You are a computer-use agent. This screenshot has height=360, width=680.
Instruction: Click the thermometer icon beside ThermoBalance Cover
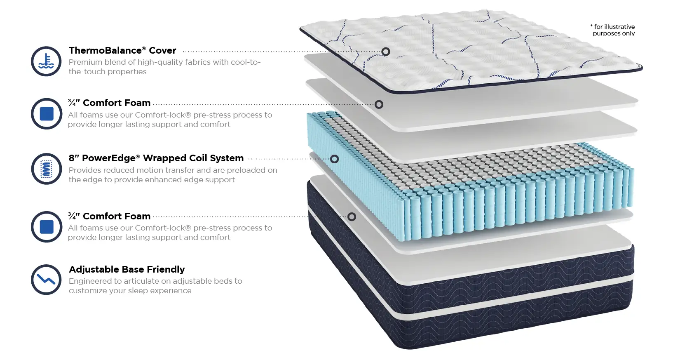46,61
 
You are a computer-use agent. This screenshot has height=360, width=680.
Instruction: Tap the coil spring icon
46,169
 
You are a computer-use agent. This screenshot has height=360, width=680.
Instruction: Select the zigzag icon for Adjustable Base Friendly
46,280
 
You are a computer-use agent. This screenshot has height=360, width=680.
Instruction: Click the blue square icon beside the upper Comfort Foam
47,114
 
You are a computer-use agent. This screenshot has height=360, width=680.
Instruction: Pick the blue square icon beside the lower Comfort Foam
47,227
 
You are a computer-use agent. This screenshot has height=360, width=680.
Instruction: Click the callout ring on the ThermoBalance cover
386,52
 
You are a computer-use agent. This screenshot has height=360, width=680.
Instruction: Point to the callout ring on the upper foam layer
379,104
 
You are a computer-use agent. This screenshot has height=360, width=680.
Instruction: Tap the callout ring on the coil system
334,159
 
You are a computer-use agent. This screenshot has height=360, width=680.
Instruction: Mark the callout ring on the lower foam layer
352,217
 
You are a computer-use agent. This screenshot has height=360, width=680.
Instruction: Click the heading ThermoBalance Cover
122,50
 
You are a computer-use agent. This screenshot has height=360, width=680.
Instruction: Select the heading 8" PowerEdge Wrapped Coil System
156,158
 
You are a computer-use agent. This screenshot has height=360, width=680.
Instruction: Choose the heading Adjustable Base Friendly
127,269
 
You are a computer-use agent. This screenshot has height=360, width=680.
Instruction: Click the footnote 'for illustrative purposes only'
612,30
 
